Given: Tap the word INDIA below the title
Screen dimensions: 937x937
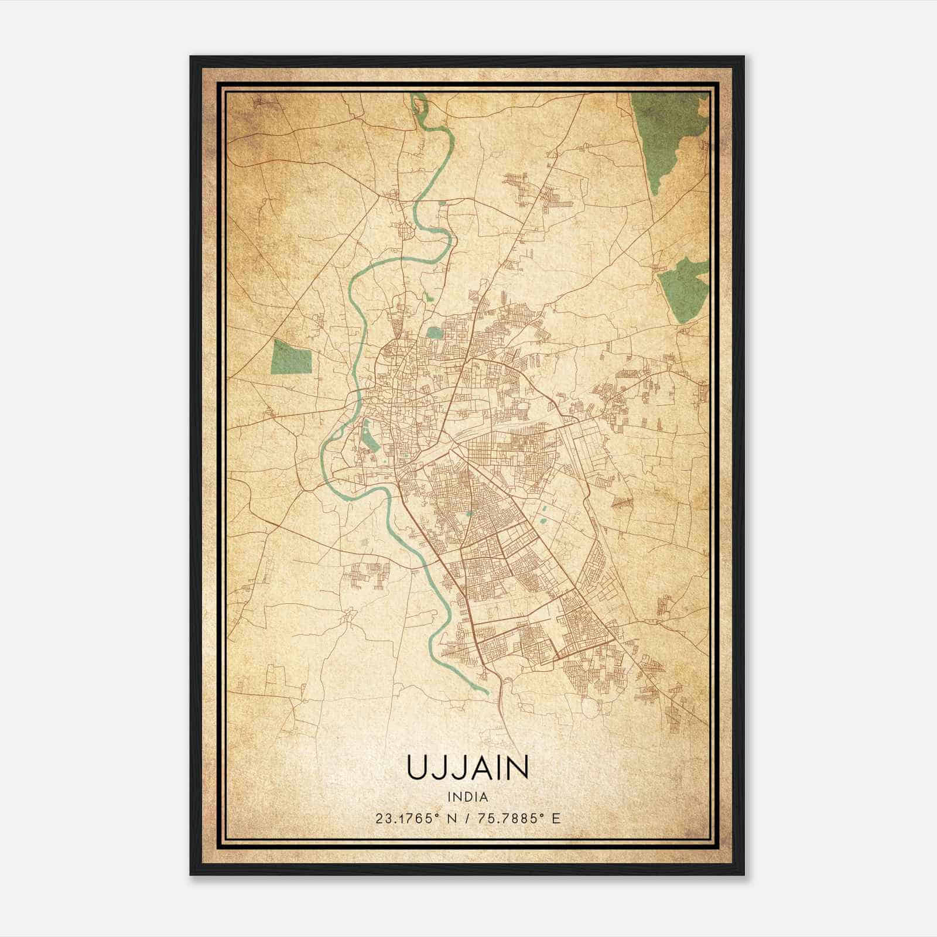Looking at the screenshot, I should coord(467,796).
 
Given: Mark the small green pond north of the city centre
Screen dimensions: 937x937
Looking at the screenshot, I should coord(435,333).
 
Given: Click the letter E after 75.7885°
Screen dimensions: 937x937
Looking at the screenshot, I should coord(556,818).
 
